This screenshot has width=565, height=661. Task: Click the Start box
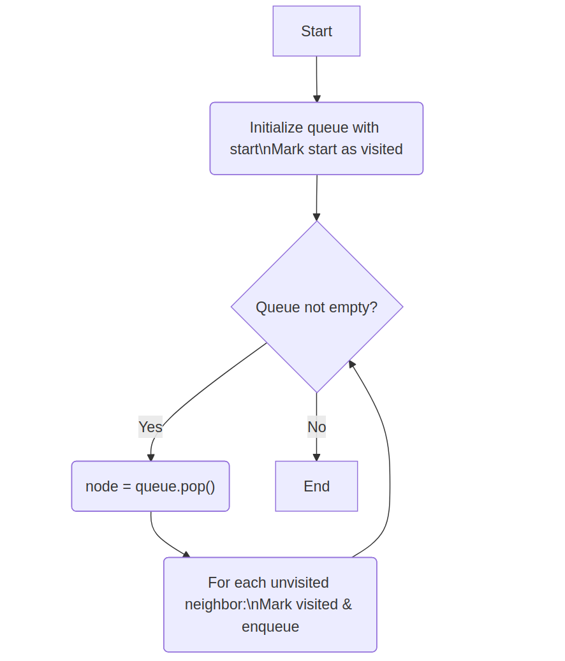click(316, 31)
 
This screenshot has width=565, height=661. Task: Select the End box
click(316, 486)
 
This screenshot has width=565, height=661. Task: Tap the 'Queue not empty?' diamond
click(316, 307)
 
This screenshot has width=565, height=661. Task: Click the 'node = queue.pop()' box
click(150, 486)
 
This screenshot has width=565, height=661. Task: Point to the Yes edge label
click(150, 427)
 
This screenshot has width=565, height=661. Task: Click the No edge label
click(316, 427)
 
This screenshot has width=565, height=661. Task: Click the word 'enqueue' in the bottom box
click(270, 627)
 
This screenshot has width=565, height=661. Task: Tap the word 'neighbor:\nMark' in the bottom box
click(232, 604)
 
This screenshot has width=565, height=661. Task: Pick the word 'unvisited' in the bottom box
click(300, 583)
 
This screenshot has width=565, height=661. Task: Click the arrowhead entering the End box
click(316, 457)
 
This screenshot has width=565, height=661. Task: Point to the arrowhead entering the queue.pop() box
click(151, 457)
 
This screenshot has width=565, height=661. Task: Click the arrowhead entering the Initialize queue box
click(317, 99)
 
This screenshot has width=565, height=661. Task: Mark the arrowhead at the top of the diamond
click(316, 217)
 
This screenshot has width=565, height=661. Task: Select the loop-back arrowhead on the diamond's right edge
click(351, 364)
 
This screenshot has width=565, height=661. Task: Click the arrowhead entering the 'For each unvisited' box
click(186, 555)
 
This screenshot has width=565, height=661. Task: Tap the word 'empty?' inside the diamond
click(356, 307)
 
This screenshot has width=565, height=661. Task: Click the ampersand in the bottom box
click(347, 604)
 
